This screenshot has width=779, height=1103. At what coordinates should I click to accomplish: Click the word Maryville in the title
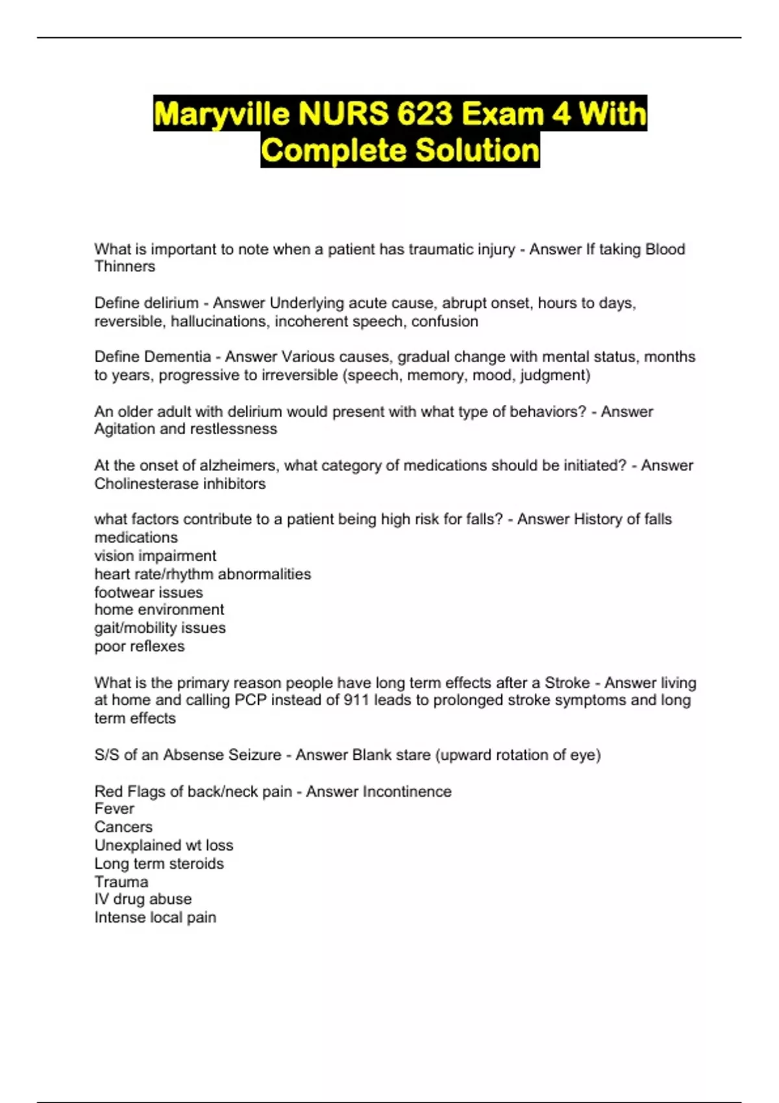click(x=222, y=114)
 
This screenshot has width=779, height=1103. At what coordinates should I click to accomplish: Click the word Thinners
click(x=125, y=267)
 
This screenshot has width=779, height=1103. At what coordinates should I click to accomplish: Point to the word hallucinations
click(x=218, y=321)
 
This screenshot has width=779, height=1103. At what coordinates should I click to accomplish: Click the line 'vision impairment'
click(x=155, y=556)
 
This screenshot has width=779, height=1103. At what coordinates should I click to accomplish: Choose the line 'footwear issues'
click(x=149, y=592)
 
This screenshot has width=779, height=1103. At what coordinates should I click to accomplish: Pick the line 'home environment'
click(x=159, y=610)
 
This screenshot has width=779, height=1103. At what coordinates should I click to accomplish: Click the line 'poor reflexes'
click(x=140, y=646)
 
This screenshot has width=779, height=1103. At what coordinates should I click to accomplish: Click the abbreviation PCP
click(x=251, y=700)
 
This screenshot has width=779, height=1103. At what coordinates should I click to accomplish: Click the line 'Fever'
click(x=114, y=809)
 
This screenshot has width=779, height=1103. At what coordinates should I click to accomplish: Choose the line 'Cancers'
click(x=123, y=827)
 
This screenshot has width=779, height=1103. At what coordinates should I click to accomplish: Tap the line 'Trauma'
click(x=121, y=882)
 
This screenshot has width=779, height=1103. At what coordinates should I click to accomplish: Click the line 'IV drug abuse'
click(x=143, y=899)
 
